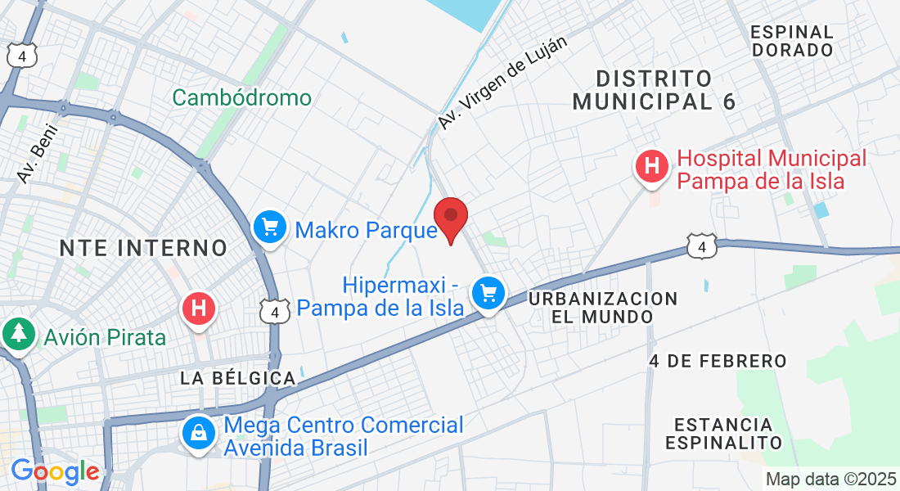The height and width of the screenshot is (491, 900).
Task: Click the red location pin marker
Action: pos(450,218)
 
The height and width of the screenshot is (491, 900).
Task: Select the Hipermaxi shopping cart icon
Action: pos(489,292)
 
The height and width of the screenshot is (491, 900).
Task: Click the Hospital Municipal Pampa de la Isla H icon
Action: pos(652,167)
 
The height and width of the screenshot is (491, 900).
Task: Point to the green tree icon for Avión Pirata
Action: pos(17,334)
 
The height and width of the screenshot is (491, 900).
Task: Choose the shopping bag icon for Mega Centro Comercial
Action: pos(199,434)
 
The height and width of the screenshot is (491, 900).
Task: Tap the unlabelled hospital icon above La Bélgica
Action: pos(197,309)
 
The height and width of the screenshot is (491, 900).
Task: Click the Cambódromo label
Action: pos(241,98)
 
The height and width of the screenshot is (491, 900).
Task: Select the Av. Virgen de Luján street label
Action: pos(502,82)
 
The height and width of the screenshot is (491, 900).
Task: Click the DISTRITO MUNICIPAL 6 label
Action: pos(654,90)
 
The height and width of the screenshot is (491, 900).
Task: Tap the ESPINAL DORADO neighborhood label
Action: pos(791,41)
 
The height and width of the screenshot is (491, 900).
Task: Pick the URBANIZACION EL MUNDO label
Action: pos(603,307)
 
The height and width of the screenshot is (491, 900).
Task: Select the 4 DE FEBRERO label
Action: pos(718,361)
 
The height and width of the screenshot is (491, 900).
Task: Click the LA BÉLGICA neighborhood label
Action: pos(237,378)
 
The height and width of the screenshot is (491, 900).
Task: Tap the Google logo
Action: pos(55,471)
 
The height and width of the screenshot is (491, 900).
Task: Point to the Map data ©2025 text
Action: pos(830,479)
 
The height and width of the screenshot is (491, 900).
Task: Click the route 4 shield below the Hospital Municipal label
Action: pos(702,246)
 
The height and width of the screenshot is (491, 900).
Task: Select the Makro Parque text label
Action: pos(366,230)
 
